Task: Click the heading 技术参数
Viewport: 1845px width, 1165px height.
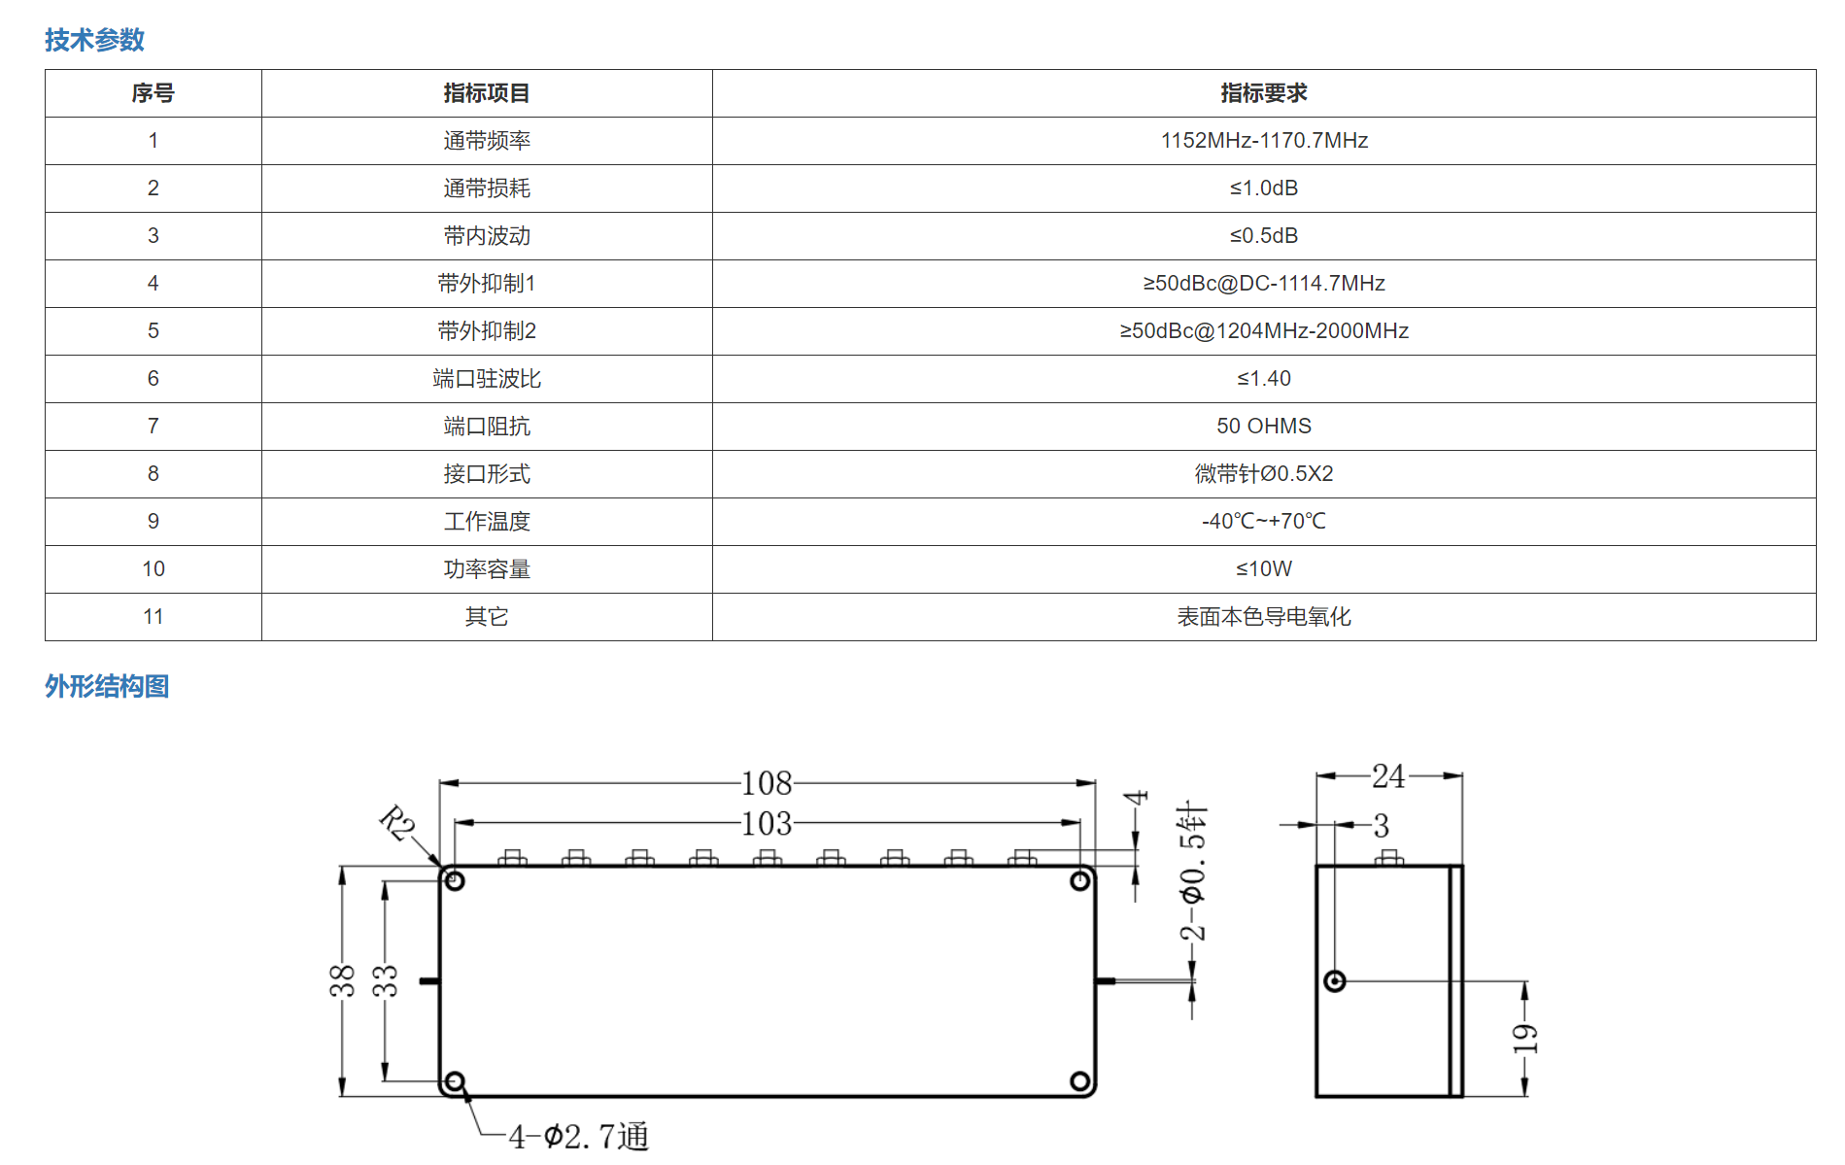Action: pos(94,40)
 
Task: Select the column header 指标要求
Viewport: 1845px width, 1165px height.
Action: pos(1264,93)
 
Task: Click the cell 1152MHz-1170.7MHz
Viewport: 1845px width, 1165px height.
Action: pos(1264,141)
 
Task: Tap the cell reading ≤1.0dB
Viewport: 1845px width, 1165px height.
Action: pos(1264,188)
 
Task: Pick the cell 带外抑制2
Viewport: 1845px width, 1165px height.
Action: pos(487,331)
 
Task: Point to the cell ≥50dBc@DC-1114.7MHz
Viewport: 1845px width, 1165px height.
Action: pos(1264,284)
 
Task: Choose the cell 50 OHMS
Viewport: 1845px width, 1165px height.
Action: pos(1264,427)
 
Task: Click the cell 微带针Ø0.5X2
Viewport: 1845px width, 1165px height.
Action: pos(1264,474)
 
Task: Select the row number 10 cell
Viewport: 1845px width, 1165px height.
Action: pos(154,569)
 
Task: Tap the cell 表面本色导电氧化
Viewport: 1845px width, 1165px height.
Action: pos(1264,617)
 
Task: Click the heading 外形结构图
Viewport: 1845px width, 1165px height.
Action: pos(107,687)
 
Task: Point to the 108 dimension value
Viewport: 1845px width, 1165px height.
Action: pos(767,783)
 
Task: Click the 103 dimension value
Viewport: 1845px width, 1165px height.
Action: pos(767,824)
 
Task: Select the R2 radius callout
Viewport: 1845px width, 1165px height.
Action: pos(397,823)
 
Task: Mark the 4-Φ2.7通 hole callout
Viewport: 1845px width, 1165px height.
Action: pos(579,1136)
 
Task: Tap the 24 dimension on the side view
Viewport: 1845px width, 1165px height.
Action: pos(1388,776)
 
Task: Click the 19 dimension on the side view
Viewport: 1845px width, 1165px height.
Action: pos(1524,1039)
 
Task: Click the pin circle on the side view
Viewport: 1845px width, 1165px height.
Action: pos(1335,981)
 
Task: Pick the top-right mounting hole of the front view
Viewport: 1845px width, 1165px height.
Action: pos(1079,881)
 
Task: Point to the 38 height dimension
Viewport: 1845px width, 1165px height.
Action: pos(342,981)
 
